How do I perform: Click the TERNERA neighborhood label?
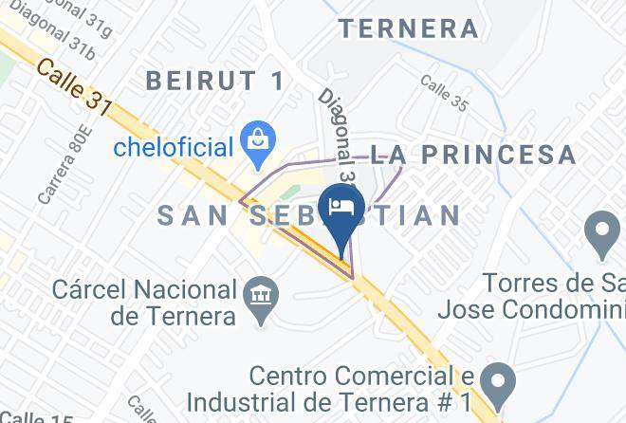tap(409, 28)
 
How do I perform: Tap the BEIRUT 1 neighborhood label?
tap(215, 82)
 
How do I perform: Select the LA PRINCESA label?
tap(472, 155)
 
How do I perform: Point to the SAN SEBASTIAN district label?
tap(308, 215)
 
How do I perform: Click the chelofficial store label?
tap(173, 148)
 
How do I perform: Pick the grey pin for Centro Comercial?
tap(496, 380)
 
